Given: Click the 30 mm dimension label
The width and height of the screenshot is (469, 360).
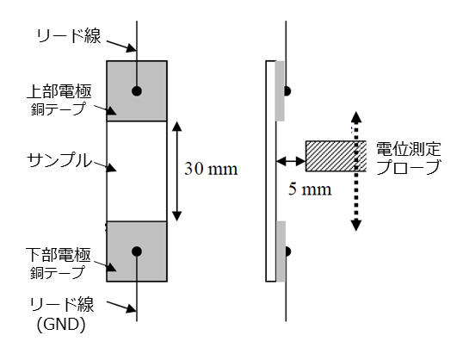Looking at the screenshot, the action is [x=211, y=169].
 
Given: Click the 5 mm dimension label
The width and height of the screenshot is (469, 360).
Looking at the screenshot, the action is [x=310, y=189].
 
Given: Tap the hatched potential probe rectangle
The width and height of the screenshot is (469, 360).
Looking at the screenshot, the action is [x=336, y=156].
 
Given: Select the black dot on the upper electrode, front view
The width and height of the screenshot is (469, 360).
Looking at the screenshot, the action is [x=137, y=91].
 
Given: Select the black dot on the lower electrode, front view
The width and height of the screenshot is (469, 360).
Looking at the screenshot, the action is [x=137, y=251].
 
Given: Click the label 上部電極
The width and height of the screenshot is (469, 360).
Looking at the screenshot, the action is [x=59, y=91].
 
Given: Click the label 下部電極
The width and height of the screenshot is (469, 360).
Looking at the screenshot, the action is [x=59, y=255].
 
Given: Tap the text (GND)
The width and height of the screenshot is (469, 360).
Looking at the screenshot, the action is [x=61, y=325].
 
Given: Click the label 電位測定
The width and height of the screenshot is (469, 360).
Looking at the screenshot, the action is [x=408, y=149].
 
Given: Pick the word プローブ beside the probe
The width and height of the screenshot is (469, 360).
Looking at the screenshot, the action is [x=408, y=167].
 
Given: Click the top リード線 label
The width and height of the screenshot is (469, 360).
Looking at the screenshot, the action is [x=69, y=36].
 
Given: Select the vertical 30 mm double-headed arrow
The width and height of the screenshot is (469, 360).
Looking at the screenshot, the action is [x=177, y=171].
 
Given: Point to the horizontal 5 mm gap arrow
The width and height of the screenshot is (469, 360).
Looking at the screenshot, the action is [x=291, y=162].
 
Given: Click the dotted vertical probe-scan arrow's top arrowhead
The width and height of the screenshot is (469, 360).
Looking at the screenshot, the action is [x=355, y=117].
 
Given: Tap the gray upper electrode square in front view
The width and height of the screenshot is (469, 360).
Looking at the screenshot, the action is [x=137, y=91].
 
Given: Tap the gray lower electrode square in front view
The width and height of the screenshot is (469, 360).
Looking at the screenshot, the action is [x=137, y=251].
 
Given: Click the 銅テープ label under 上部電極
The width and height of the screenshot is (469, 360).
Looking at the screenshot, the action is [x=58, y=109].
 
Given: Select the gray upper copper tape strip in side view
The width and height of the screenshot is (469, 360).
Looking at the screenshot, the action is [x=280, y=91].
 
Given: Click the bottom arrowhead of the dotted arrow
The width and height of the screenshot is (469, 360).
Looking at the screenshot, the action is [x=355, y=225].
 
